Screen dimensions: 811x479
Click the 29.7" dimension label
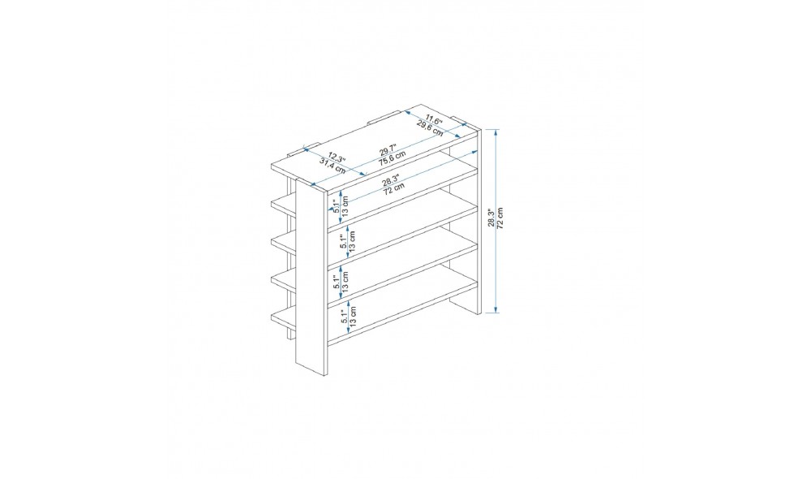click(387, 150)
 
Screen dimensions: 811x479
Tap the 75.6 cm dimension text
click(392, 158)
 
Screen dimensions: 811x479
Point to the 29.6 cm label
click(431, 127)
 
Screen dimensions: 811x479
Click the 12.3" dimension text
click(337, 157)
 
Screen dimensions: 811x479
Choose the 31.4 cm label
click(332, 165)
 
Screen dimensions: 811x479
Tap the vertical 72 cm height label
click(500, 218)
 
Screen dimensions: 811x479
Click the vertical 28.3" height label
click(491, 218)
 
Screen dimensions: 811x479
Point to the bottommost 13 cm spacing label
click(353, 315)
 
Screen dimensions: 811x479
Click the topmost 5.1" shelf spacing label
click(337, 205)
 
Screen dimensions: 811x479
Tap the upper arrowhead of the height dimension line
click(496, 132)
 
